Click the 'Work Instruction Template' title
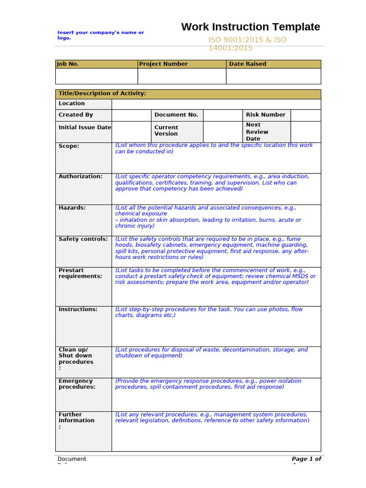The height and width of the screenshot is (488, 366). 250,27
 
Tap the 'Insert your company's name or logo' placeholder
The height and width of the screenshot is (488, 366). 101,35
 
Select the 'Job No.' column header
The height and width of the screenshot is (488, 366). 68,64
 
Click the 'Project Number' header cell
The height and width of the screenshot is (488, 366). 163,64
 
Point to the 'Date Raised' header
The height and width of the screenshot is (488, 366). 248,64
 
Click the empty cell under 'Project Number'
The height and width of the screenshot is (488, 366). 182,76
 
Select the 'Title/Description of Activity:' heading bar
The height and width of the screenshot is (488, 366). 102,94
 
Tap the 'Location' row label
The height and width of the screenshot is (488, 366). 72,103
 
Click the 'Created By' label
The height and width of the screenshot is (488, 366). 76,115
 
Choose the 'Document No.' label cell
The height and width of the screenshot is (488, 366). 176,115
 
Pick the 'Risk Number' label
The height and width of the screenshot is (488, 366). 265,115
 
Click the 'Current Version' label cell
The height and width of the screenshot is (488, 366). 166,131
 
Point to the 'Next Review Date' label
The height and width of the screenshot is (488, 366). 257,132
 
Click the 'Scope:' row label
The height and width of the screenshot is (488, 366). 69,146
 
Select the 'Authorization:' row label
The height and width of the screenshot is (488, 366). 81,176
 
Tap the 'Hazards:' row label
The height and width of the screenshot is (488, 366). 72,208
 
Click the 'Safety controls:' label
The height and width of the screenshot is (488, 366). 83,239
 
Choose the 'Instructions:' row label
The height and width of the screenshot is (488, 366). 78,309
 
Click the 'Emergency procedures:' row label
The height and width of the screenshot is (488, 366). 77,384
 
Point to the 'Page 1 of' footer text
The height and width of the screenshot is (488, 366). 306,459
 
